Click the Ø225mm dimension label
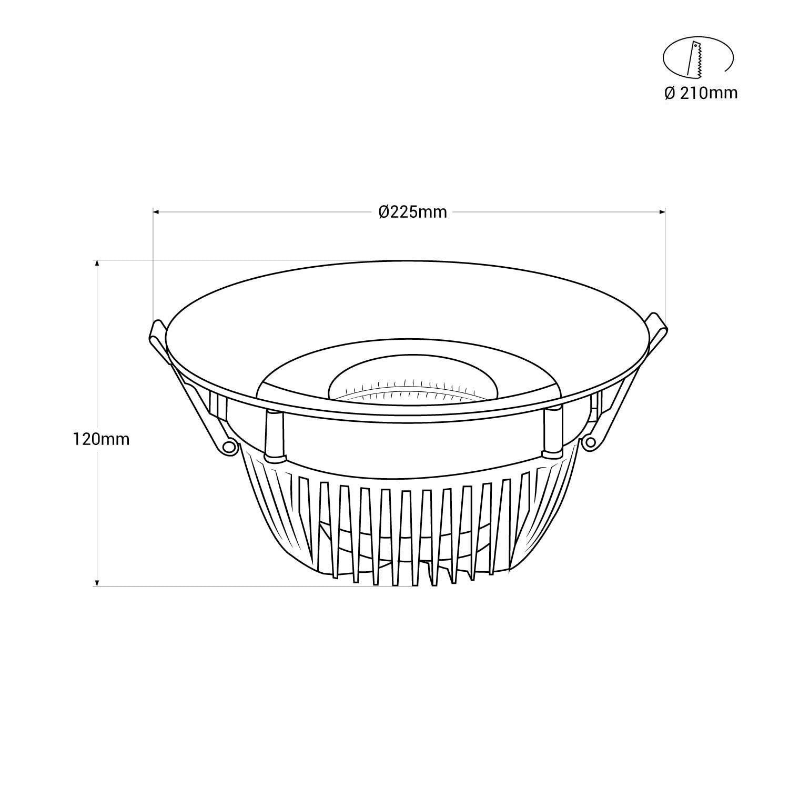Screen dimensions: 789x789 (x=413, y=212)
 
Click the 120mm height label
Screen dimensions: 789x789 (x=101, y=439)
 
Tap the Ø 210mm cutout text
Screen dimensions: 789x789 (x=701, y=94)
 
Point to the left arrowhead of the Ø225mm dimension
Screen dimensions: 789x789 (x=156, y=212)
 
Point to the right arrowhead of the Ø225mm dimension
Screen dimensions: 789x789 (x=662, y=212)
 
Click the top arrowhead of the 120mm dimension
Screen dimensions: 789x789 (x=97, y=263)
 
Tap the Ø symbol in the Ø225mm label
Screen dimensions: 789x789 (x=383, y=212)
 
